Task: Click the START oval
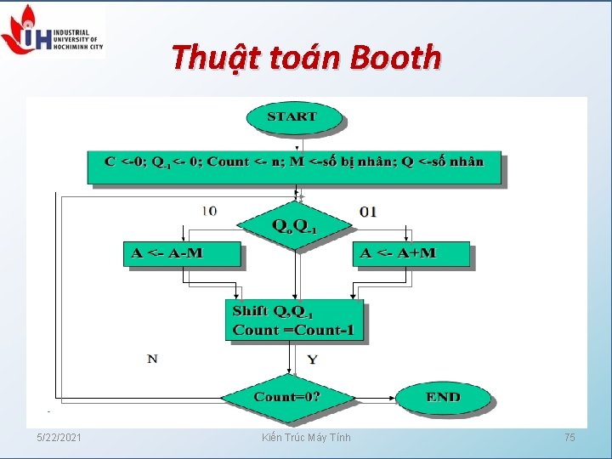pos(292,117)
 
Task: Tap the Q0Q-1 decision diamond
pos(294,225)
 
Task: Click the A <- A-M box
pos(183,253)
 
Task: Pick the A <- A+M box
pos(411,253)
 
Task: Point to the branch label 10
pos(208,211)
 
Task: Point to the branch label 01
pos(368,211)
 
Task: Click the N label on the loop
pos(152,359)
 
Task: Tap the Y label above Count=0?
pos(312,360)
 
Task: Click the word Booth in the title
pos(395,58)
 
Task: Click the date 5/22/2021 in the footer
pos(59,437)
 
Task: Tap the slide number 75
pos(569,437)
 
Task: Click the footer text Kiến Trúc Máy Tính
pos(306,437)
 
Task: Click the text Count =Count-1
pos(293,330)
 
